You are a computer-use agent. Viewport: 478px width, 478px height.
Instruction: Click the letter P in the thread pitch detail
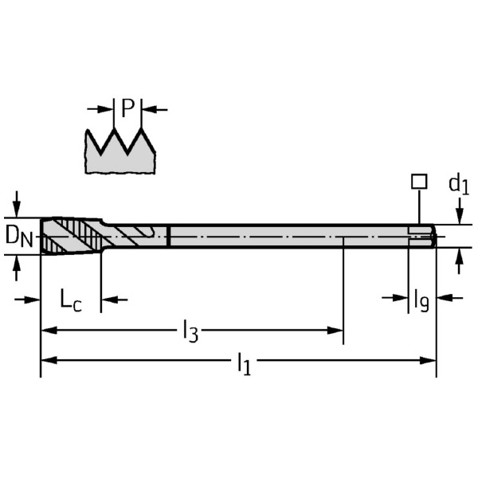pos(128,108)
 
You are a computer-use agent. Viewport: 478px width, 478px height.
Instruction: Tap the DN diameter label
pos(20,236)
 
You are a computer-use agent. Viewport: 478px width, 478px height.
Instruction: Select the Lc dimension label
pos(71,300)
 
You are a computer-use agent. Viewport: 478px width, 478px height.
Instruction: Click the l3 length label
pos(190,330)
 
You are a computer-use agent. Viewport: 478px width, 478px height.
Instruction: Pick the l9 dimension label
pos(421,300)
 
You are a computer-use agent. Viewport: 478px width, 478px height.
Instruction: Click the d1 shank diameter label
pos(458,185)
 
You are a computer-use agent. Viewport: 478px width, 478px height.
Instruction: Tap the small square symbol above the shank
pos(419,182)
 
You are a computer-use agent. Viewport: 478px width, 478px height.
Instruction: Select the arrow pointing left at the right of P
pos(155,108)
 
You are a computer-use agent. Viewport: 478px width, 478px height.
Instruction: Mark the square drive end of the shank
pos(422,236)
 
